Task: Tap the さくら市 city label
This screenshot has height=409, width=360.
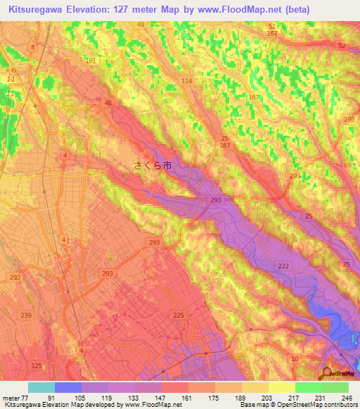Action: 152,167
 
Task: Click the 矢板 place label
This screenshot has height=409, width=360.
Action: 9,71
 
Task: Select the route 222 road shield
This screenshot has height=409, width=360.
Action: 283,265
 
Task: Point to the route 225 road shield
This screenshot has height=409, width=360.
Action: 179,316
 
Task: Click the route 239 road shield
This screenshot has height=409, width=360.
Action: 27,316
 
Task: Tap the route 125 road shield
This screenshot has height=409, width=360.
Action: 37,366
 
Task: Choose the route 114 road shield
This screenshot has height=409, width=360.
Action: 186,82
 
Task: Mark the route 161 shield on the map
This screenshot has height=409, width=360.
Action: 91,61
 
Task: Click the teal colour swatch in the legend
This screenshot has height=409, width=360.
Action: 41,387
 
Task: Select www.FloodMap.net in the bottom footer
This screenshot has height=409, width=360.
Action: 148,405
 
